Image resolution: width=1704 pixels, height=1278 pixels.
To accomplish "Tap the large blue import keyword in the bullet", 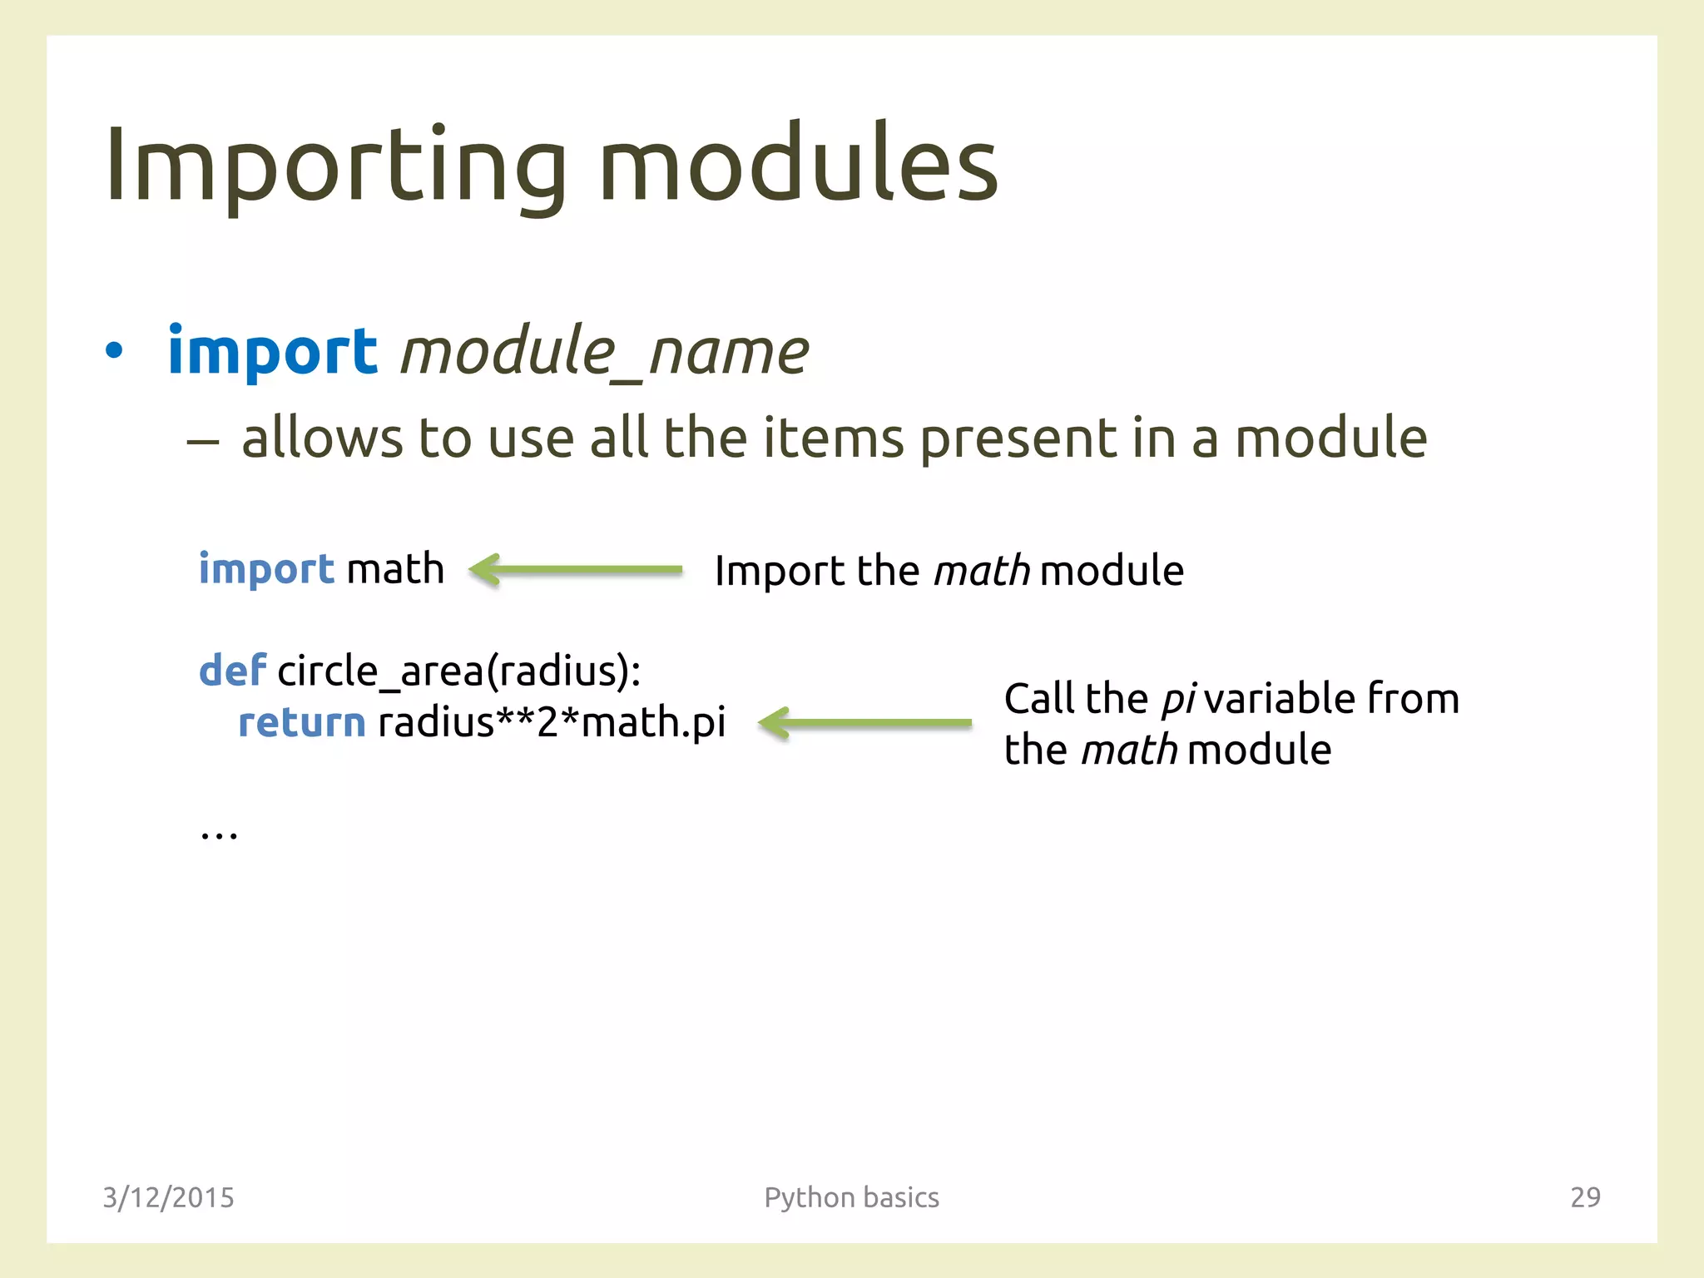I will point(272,351).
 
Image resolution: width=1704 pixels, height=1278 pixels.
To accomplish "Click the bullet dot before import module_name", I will point(114,351).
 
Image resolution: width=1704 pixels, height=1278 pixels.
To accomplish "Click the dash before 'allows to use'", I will point(202,441).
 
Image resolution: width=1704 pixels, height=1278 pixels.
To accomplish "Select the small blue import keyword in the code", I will point(266,570).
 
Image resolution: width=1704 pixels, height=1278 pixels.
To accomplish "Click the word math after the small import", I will point(394,569).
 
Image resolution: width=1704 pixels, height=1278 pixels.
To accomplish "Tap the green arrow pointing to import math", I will point(576,570).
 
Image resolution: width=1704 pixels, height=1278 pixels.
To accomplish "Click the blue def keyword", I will point(232,671).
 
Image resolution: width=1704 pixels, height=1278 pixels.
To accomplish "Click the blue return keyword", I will point(301,722).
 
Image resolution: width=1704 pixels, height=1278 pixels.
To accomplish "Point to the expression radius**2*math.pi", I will point(552,722).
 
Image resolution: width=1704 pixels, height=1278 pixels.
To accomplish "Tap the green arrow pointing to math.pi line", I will point(865,722).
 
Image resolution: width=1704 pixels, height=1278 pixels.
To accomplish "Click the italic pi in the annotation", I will point(1177,699).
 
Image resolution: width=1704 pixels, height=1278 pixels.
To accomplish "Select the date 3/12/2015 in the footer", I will point(168,1197).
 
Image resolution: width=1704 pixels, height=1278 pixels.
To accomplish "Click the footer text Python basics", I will point(851,1197).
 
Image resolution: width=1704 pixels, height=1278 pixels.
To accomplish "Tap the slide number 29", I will point(1584,1197).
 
